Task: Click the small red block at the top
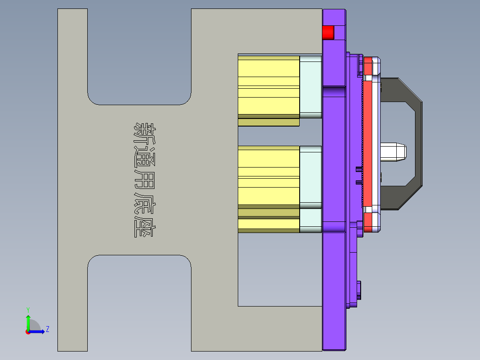pyautogui.click(x=328, y=33)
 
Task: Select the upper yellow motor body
pyautogui.click(x=268, y=87)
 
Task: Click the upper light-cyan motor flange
pyautogui.click(x=310, y=86)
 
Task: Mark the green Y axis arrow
pyautogui.click(x=28, y=320)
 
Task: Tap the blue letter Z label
pyautogui.click(x=47, y=329)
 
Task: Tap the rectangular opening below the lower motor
pyautogui.click(x=280, y=270)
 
